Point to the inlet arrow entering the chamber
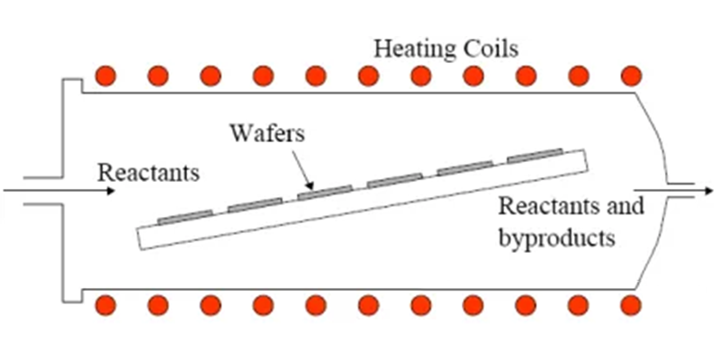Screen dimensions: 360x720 point(54,190)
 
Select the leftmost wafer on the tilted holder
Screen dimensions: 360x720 point(185,216)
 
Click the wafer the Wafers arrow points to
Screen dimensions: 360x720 point(325,191)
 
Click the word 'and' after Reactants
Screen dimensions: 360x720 point(629,206)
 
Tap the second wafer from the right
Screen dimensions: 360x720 point(465,167)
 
